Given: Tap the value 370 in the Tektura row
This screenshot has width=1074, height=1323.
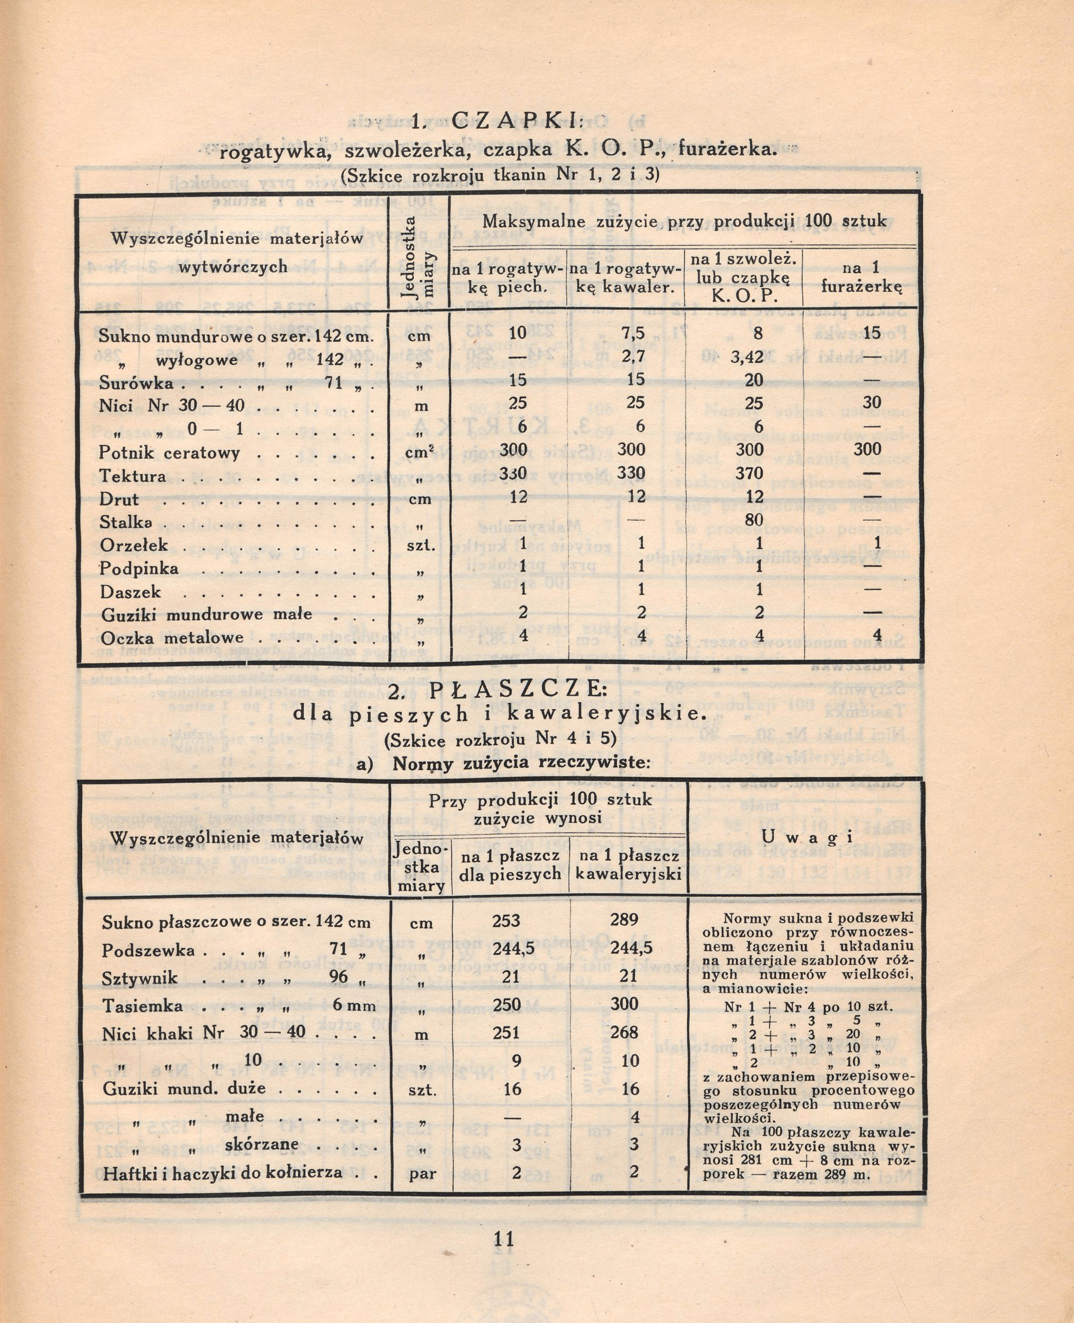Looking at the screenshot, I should click(749, 473).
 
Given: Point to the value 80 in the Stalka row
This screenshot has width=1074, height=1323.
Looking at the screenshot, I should click(753, 520).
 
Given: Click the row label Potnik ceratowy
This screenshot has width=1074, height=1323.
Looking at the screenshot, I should click(169, 452).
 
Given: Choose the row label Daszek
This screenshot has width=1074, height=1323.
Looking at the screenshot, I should click(131, 591).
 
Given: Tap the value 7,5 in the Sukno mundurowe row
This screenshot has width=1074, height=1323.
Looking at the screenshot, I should click(633, 333).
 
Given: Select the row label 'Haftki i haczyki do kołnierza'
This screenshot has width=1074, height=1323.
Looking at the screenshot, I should click(223, 1172).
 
